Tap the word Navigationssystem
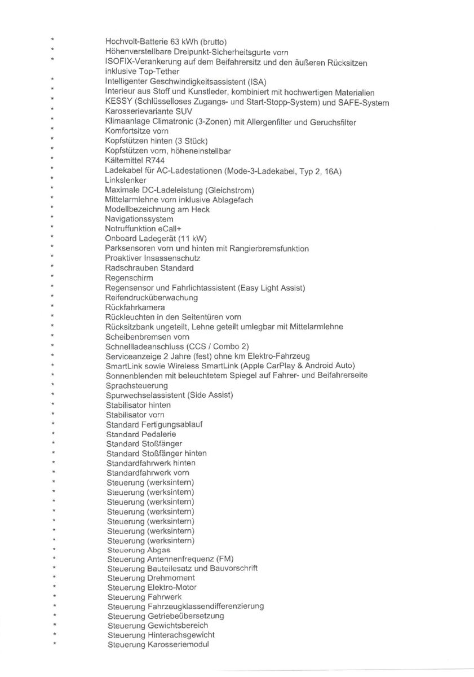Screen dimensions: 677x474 coord(139,219)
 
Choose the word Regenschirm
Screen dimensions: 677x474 coord(129,278)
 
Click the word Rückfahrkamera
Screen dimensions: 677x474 coord(135,307)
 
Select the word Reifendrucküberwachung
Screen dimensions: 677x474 coord(152,297)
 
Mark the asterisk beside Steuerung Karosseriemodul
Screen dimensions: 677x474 coord(54,644)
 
